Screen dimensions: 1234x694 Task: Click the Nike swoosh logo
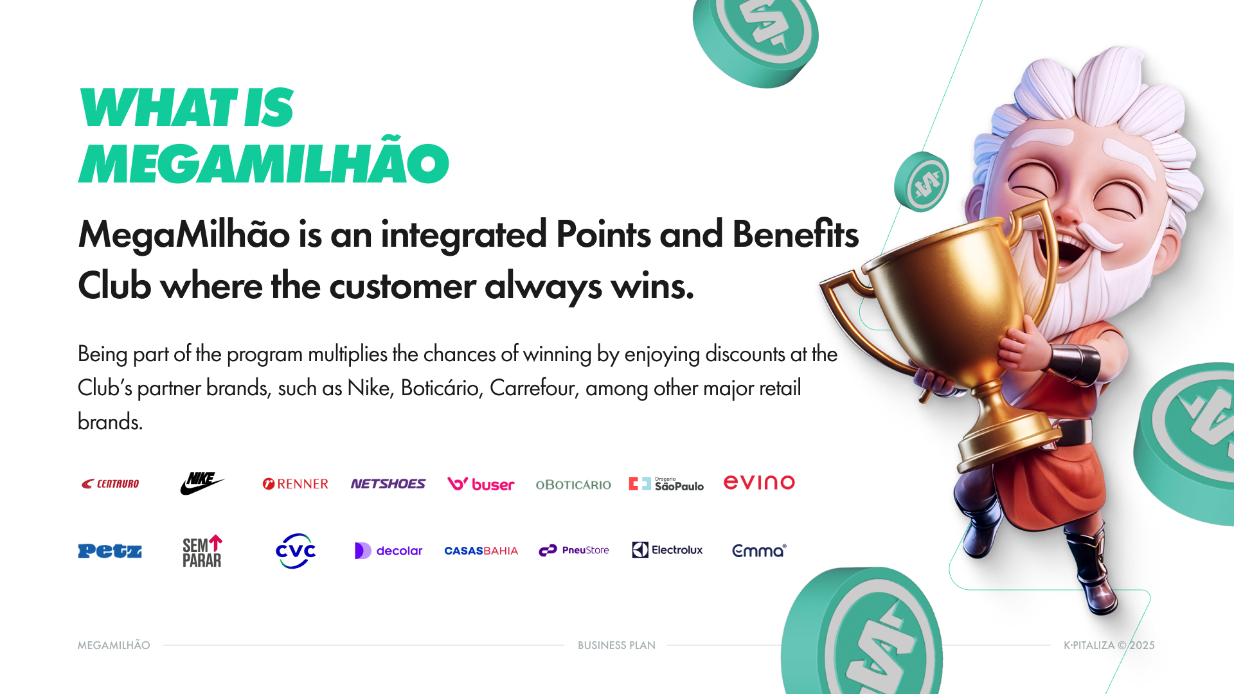click(202, 483)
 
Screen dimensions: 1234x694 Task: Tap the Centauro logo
click(110, 484)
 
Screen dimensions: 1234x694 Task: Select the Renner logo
click(295, 484)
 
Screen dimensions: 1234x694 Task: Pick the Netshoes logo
click(388, 484)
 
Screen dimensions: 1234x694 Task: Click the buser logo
click(481, 484)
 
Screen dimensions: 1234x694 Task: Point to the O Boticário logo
click(573, 485)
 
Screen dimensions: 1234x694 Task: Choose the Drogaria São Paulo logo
click(666, 484)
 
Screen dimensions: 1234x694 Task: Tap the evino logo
click(759, 483)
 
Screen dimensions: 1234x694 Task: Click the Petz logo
click(110, 551)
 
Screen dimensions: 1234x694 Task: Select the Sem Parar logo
click(202, 551)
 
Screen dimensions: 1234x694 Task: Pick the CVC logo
click(296, 551)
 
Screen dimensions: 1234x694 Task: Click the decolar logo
click(388, 551)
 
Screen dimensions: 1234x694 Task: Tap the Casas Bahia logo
click(481, 551)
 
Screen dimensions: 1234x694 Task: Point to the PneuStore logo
click(573, 550)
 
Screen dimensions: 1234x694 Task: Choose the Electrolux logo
click(667, 550)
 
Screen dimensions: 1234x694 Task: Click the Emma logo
click(759, 551)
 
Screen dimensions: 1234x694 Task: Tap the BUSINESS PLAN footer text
click(616, 645)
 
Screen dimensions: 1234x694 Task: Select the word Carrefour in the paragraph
click(532, 388)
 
